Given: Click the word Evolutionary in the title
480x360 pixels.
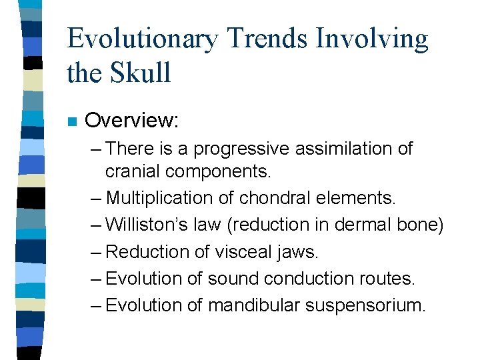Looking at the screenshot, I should (142, 40).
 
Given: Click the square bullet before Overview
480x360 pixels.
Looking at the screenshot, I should (72, 122).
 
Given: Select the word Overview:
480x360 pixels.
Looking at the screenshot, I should (132, 121).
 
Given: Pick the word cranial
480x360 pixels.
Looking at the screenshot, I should (133, 171).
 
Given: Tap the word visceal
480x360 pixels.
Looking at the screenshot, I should (242, 251).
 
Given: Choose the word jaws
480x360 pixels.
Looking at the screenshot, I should (299, 253).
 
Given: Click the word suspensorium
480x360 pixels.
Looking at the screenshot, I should (365, 306).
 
